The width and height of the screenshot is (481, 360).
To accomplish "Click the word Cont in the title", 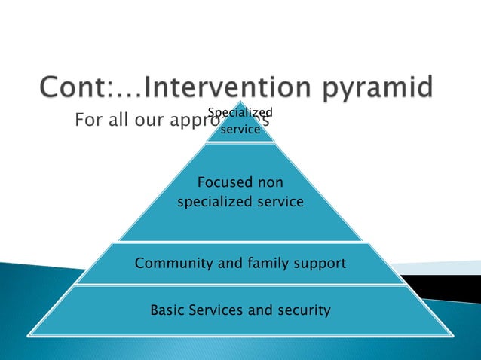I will (x=69, y=87).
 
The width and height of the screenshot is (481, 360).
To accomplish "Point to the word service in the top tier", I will (x=240, y=129).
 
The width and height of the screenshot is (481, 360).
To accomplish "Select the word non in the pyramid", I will (x=271, y=182).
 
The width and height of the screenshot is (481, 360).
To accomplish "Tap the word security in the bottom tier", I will (x=305, y=310).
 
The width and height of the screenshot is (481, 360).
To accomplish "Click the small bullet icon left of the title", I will (x=25, y=89).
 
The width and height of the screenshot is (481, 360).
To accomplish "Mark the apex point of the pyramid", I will (x=240, y=101).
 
